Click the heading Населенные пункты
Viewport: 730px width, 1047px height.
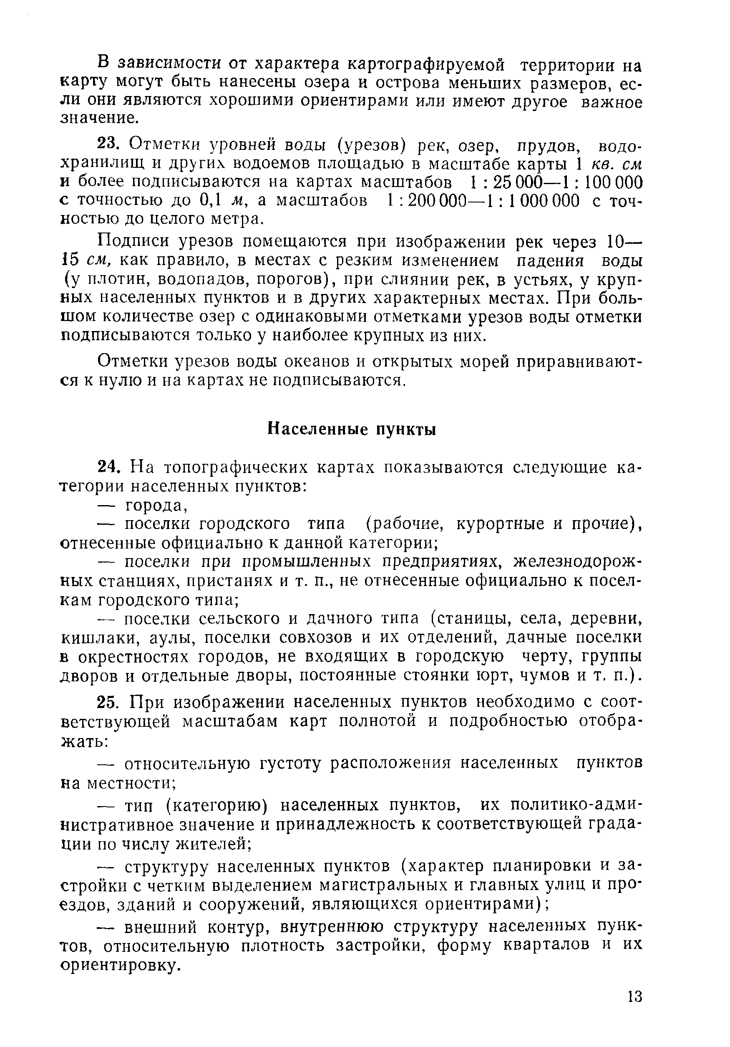351,430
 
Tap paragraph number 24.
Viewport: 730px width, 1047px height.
109,468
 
